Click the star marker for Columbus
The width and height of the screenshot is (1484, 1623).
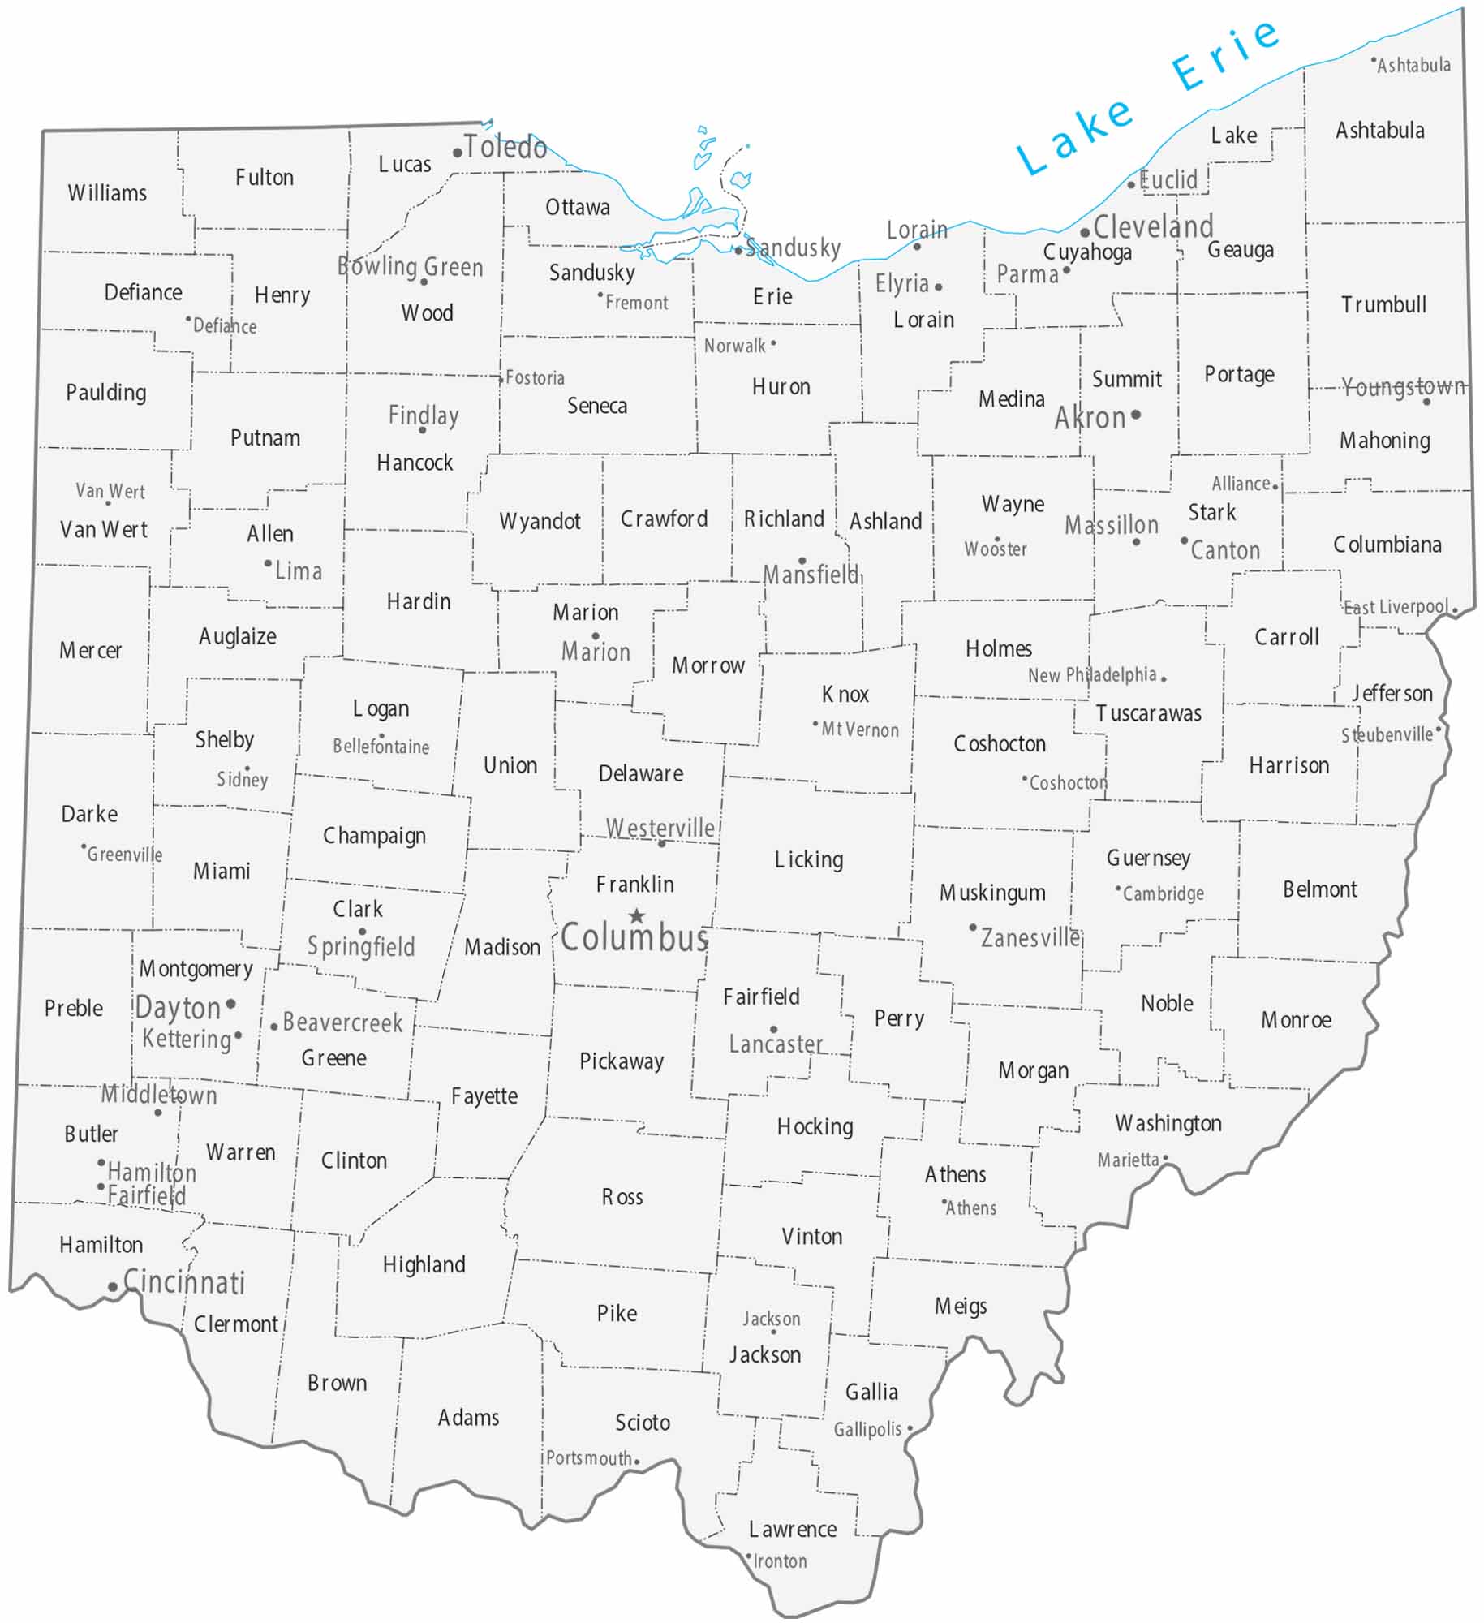[x=637, y=916]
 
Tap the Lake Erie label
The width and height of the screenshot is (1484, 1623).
[x=1146, y=96]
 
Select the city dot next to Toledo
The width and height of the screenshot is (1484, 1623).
[x=458, y=153]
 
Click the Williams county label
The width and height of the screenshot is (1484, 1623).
[x=107, y=193]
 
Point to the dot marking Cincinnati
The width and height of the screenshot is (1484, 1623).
[x=113, y=1287]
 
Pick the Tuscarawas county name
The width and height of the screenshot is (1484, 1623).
[x=1148, y=713]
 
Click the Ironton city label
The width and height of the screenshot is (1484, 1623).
[x=780, y=1561]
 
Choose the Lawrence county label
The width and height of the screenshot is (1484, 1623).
[x=793, y=1529]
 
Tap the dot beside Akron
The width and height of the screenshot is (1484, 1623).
[x=1136, y=415]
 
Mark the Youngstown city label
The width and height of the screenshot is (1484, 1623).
[x=1402, y=386]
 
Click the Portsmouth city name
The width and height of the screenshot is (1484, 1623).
[x=588, y=1458]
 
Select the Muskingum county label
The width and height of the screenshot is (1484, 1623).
[x=992, y=893]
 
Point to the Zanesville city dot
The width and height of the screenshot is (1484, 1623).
[x=973, y=927]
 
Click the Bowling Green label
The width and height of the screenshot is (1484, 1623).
[x=410, y=266]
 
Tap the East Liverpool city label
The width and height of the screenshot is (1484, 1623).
[x=1396, y=607]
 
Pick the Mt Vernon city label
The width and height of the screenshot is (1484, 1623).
[x=860, y=730]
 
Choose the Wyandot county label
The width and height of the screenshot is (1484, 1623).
[x=540, y=521]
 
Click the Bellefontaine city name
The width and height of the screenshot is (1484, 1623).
[x=381, y=747]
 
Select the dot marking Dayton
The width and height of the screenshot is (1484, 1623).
[x=231, y=1004]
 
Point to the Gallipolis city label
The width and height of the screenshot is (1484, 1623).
[x=867, y=1429]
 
